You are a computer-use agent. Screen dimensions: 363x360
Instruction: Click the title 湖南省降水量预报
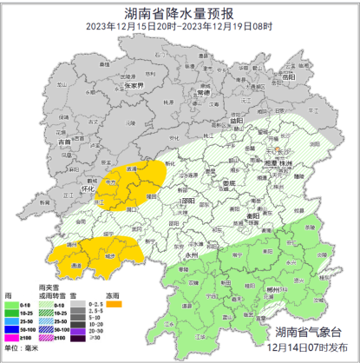click(180, 12)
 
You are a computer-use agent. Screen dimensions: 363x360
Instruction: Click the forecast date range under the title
click(180, 27)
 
